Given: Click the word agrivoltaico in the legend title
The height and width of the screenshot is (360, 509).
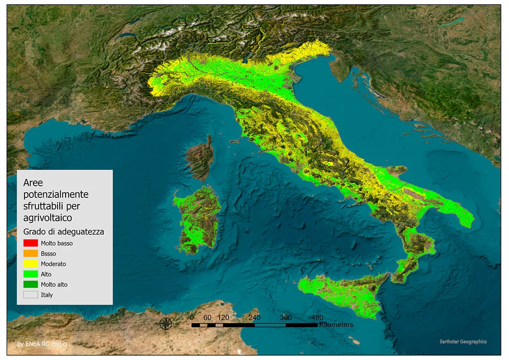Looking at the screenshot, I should pos(47,218).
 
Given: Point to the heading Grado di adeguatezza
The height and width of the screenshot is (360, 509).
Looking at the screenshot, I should pos(63,232).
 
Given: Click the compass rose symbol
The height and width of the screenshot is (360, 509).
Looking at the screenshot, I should pos(166,323).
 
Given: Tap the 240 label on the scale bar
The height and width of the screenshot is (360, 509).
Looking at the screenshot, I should pos(254,318).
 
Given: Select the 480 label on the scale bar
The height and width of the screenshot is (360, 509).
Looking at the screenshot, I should pos(317,318).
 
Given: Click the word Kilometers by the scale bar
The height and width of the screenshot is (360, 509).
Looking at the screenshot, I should pos(336,325).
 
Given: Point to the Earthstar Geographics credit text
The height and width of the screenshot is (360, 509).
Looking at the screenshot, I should pos(463,342).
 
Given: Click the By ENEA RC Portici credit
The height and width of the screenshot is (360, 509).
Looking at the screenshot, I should pos(42,344).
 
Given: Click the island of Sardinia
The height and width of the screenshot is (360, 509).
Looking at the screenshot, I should pos(198,219).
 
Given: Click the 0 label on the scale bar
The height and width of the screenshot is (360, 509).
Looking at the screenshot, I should pos(192,318).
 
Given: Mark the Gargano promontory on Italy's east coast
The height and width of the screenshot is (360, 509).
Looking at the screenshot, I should pos(395,171).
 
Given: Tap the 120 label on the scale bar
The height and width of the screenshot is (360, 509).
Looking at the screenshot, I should pos(223,318).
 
